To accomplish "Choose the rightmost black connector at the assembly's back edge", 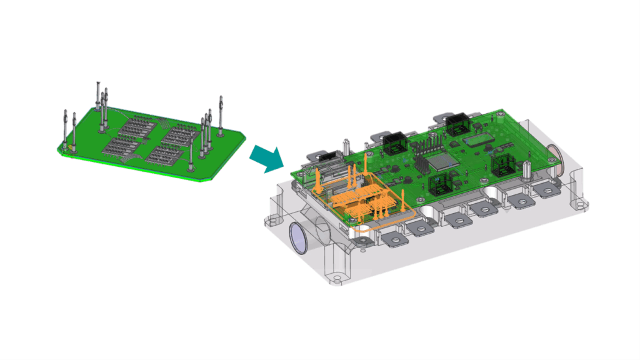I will point(456,125).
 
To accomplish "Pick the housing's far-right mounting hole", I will point(583,204).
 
